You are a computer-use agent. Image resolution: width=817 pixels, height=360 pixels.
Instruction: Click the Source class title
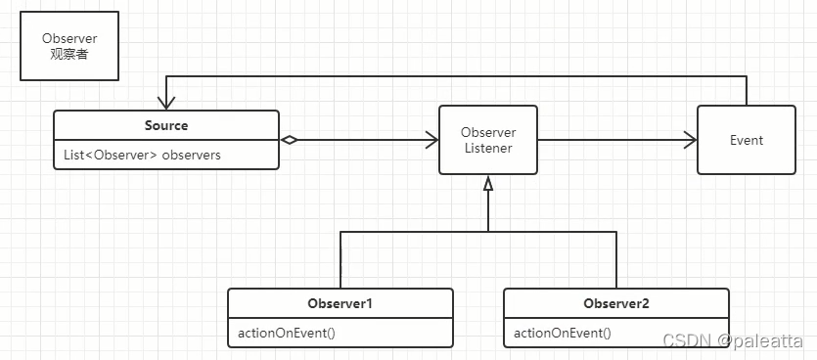[166, 125]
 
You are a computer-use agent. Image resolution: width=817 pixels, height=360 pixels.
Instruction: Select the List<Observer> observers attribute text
[142, 155]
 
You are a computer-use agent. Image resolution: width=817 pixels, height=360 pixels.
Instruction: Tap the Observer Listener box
[487, 140]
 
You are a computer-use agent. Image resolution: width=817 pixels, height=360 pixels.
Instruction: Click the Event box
[747, 140]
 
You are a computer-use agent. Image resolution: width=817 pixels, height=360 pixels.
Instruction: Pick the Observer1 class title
[340, 303]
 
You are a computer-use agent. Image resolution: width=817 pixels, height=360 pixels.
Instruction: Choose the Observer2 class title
[615, 303]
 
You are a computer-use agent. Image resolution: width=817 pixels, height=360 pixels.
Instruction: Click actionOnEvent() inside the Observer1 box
[287, 333]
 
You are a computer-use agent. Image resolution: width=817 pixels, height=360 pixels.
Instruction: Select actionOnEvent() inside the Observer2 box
[563, 333]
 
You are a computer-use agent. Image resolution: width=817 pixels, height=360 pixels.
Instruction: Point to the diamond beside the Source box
[290, 140]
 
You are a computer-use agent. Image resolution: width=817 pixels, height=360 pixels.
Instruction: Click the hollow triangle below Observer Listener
[487, 183]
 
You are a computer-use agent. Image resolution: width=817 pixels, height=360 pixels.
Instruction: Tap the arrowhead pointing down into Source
[165, 103]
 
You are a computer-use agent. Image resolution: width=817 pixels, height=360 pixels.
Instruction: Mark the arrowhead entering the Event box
[690, 140]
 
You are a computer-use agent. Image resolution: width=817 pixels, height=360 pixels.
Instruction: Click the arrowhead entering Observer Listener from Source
[431, 140]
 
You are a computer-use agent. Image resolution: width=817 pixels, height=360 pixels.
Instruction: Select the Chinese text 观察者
[69, 54]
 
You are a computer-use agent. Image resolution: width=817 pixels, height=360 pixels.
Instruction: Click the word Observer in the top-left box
[69, 38]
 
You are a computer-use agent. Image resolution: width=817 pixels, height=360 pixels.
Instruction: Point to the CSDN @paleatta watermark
[733, 340]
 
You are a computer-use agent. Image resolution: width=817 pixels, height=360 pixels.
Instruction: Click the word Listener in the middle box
[488, 148]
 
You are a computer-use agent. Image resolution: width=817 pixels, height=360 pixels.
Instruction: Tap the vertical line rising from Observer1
[340, 260]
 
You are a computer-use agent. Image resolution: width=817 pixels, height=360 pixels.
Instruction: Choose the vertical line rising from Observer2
[616, 260]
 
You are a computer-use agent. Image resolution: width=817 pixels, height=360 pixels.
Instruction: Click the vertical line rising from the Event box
[747, 91]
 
